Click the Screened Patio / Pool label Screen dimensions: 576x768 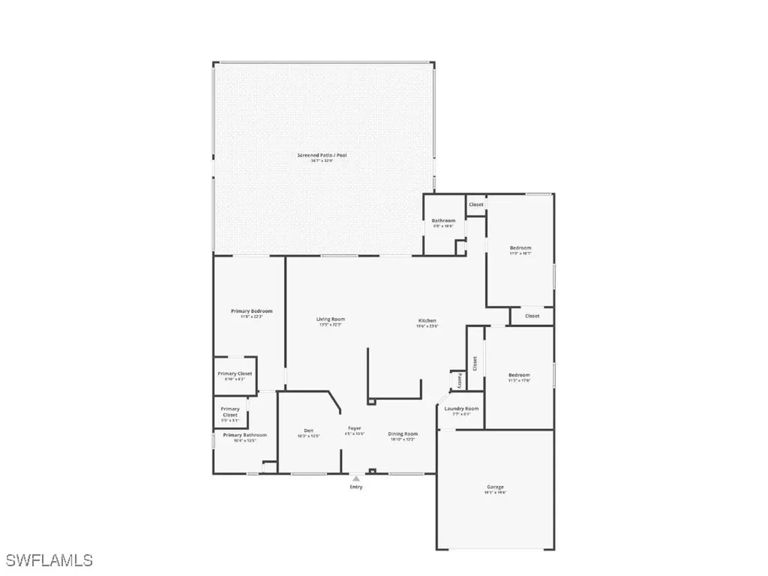[322, 155]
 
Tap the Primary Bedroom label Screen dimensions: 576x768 [251, 311]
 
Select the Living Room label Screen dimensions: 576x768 [331, 319]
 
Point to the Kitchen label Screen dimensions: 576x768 [427, 321]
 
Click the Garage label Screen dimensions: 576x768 [495, 487]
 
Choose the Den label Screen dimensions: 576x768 [308, 430]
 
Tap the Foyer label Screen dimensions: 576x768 [354, 428]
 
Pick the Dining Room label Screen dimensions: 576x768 [403, 433]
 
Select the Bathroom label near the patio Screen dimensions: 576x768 [443, 220]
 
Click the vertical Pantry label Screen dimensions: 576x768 [459, 381]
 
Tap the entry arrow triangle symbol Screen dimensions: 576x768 [356, 478]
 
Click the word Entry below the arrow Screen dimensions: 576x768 [355, 487]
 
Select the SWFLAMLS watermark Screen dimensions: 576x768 [49, 559]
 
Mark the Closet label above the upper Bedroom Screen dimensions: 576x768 [476, 205]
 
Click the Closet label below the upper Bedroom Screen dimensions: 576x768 [532, 316]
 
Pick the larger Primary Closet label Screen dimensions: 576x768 [235, 373]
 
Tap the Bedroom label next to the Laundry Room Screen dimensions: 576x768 [519, 375]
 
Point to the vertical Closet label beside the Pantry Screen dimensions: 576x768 [475, 364]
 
